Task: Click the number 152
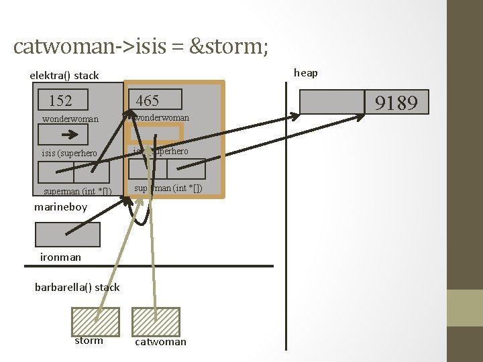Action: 61,101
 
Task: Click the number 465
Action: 148,101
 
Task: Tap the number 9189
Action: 396,103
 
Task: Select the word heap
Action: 306,72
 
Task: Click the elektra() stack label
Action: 64,75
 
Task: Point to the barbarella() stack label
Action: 77,287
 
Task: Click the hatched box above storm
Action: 95,321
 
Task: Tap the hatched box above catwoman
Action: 156,321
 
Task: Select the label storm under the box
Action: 89,341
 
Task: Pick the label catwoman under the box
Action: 161,342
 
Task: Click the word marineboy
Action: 61,206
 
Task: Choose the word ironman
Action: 60,257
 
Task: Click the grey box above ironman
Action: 67,235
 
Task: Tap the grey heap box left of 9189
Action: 331,102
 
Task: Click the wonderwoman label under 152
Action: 70,119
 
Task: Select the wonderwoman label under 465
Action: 162,117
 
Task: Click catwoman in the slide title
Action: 60,46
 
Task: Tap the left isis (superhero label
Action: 69,153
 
